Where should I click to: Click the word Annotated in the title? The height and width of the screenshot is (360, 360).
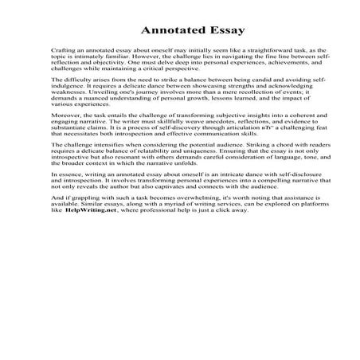pos(165,31)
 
